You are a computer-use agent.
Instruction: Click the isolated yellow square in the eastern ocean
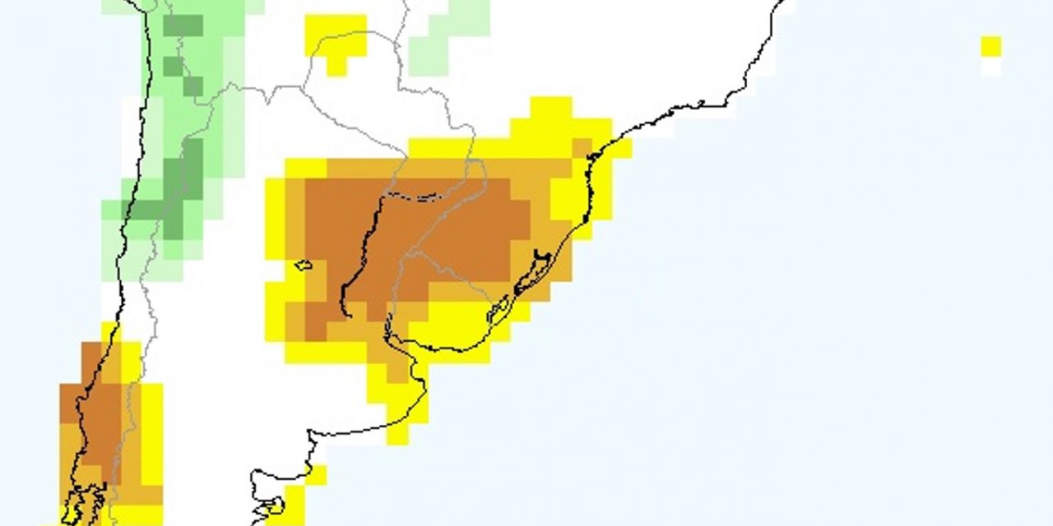[991, 46]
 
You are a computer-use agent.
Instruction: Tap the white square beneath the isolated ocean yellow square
[991, 67]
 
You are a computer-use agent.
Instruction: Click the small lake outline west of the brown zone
[304, 265]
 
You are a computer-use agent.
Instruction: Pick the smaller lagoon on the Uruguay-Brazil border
[498, 311]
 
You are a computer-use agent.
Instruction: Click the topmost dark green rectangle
[183, 25]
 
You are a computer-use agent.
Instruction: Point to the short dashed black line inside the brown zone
[424, 197]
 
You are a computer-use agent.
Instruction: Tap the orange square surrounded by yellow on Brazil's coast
[582, 149]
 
